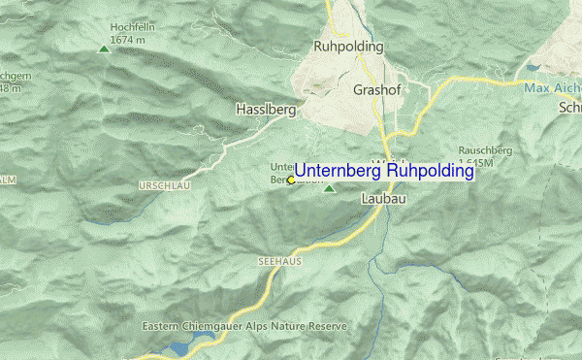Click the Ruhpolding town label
[349, 47]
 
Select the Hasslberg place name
[266, 111]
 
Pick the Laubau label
[382, 198]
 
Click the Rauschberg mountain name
[485, 150]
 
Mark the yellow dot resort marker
[290, 180]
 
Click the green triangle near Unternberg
[329, 189]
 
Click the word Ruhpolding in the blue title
[430, 171]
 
